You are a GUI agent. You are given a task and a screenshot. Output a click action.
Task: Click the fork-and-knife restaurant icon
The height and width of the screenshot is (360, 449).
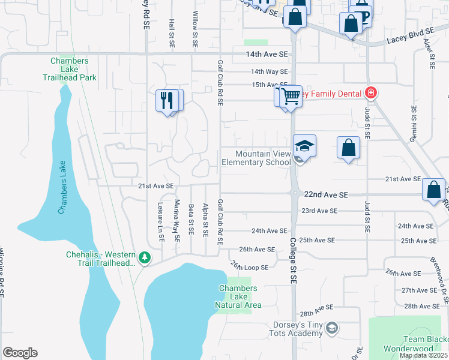tap(167, 100)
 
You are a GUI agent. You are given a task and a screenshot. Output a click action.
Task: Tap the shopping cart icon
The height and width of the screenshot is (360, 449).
tap(291, 95)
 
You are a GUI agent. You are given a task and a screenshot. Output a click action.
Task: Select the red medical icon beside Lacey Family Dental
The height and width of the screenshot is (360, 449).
tap(371, 93)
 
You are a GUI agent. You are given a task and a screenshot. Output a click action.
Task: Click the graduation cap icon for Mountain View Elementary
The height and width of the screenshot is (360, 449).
tap(304, 147)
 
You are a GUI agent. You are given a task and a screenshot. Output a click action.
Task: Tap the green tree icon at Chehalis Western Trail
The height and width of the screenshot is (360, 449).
tap(144, 258)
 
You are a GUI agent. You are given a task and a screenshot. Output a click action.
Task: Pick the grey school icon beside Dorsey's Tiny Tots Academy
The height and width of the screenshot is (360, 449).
tap(332, 328)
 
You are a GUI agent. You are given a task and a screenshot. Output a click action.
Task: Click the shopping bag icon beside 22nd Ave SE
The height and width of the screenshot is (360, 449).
tap(433, 190)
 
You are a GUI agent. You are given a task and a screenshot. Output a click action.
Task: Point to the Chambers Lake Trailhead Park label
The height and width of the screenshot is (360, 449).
tap(70, 69)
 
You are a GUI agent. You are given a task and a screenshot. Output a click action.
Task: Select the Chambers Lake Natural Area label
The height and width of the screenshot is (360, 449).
tap(238, 296)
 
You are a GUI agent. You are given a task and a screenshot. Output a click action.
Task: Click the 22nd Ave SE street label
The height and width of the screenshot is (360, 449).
tap(326, 195)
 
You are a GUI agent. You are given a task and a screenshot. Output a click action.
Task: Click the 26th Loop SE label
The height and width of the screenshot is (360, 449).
tap(249, 267)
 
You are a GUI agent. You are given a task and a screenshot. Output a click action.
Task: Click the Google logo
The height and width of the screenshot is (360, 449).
tap(20, 353)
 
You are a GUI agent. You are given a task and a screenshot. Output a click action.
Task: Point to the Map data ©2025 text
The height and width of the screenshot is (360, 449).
tap(424, 355)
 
